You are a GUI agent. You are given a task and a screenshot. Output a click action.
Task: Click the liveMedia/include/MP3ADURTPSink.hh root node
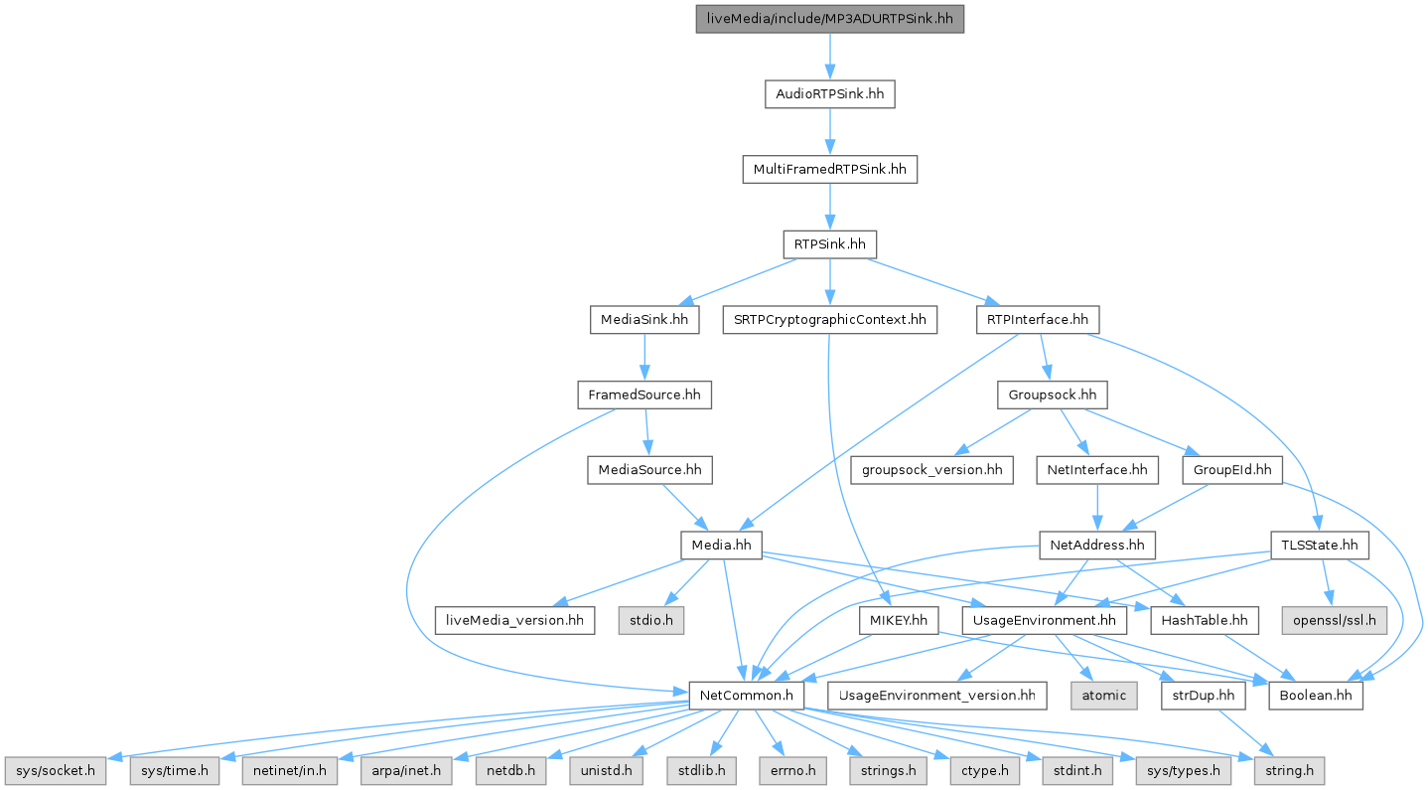pyautogui.click(x=829, y=19)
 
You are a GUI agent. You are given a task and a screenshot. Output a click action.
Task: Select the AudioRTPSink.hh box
pyautogui.click(x=829, y=94)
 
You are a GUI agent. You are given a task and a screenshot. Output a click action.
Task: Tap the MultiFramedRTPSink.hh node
pyautogui.click(x=829, y=170)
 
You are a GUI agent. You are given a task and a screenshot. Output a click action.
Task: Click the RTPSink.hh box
pyautogui.click(x=829, y=244)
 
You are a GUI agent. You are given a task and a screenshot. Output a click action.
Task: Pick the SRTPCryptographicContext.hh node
pyautogui.click(x=829, y=320)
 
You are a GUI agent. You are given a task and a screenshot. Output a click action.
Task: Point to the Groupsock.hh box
pyautogui.click(x=1052, y=395)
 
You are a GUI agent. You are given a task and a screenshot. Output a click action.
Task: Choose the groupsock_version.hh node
pyautogui.click(x=931, y=470)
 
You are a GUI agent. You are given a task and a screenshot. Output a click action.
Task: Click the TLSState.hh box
pyautogui.click(x=1319, y=546)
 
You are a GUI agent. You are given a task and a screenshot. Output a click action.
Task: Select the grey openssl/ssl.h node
pyautogui.click(x=1335, y=620)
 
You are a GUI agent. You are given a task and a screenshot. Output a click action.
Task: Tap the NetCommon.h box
pyautogui.click(x=746, y=696)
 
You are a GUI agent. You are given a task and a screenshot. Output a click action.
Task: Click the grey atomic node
pyautogui.click(x=1104, y=696)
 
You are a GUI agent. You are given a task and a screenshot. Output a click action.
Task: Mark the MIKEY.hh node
pyautogui.click(x=899, y=620)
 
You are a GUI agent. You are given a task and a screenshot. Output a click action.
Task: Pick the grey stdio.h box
pyautogui.click(x=650, y=620)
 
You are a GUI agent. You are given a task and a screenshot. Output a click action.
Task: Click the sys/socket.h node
pyautogui.click(x=56, y=771)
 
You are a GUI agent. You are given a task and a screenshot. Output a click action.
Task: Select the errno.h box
pyautogui.click(x=792, y=771)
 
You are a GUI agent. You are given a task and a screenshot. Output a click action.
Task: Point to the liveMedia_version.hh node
pyautogui.click(x=514, y=620)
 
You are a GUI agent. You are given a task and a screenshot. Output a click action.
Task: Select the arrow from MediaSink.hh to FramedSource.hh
pyautogui.click(x=644, y=358)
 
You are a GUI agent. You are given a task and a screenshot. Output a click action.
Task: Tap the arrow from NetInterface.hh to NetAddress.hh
pyautogui.click(x=1097, y=508)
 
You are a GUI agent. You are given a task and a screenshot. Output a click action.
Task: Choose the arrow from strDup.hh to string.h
pyautogui.click(x=1243, y=733)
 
